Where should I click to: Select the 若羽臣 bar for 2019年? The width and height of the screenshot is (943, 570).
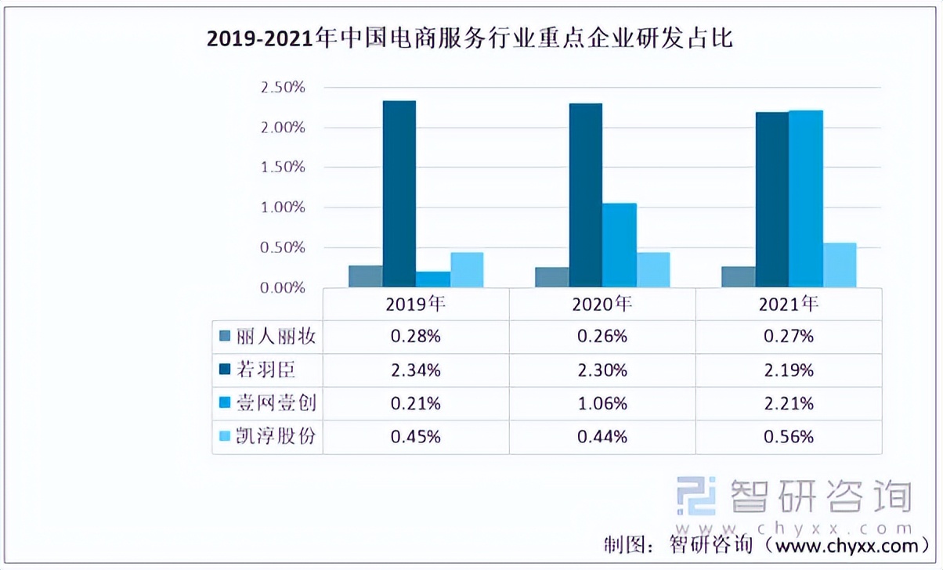click(x=399, y=194)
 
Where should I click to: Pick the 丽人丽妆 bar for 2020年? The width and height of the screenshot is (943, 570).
click(x=552, y=277)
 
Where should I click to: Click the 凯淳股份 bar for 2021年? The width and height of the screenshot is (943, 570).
click(x=840, y=265)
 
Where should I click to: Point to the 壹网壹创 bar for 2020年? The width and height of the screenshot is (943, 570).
click(x=620, y=245)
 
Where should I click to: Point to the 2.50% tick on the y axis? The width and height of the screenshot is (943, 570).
click(x=283, y=87)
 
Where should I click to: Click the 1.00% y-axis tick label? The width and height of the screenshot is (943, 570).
click(x=283, y=207)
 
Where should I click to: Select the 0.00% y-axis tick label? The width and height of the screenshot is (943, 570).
click(x=283, y=288)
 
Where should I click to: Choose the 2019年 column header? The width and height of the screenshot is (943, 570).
click(x=416, y=304)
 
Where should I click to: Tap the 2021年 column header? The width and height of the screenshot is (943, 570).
click(x=788, y=304)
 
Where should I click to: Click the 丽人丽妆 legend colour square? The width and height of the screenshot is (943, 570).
click(x=224, y=337)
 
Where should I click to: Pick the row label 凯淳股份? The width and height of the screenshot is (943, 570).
click(x=279, y=437)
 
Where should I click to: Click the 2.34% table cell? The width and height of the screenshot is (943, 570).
click(x=416, y=370)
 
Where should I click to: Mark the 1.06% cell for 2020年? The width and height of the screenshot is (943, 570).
click(x=602, y=404)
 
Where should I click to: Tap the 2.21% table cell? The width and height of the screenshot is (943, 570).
click(x=788, y=404)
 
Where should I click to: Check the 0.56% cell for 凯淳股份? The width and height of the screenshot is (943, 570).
click(x=788, y=437)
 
